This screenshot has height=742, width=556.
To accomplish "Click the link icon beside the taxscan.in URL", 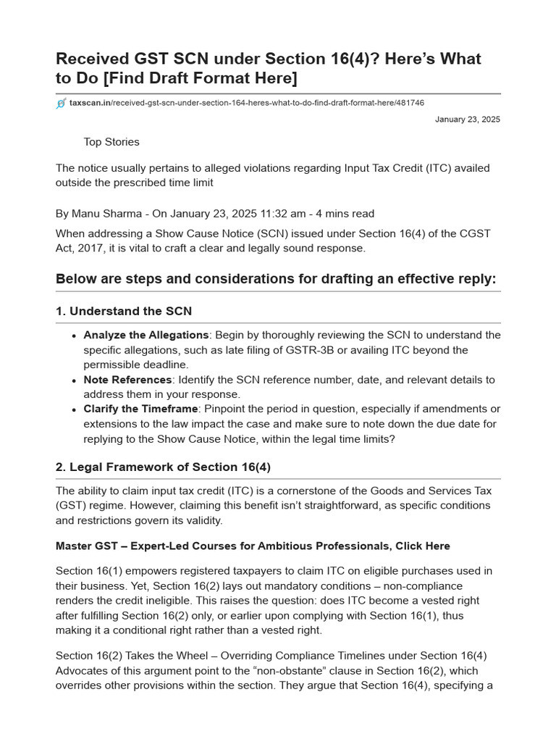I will click(61, 104).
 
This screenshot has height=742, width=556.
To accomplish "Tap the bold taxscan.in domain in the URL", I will click(90, 104).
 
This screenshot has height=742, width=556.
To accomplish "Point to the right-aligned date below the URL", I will click(467, 120).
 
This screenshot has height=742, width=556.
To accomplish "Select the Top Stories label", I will click(111, 142).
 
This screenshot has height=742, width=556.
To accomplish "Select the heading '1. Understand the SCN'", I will click(124, 312).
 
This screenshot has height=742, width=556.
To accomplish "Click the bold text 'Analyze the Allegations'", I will click(146, 335).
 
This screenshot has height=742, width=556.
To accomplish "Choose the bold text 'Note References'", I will click(127, 380).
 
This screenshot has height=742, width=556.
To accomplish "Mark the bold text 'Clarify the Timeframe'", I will click(140, 409).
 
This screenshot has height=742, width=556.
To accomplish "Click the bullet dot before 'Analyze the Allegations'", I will click(75, 335).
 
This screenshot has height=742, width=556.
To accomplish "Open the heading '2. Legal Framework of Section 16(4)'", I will click(163, 467).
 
